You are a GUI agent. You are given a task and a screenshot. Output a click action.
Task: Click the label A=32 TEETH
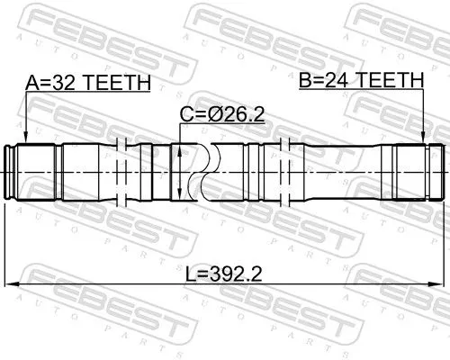click(x=87, y=83)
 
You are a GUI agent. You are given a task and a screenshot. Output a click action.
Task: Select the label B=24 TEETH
click(x=360, y=80)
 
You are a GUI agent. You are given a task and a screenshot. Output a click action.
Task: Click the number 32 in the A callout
click(x=64, y=83)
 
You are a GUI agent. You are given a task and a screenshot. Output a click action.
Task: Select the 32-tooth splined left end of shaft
click(x=25, y=171)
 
